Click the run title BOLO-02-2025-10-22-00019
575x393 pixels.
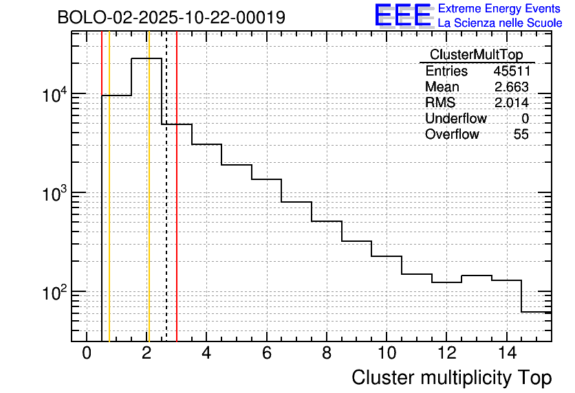coord(171,18)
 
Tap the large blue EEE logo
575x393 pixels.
coord(403,15)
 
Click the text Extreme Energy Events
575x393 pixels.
coord(500,9)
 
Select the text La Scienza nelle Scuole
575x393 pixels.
coord(500,23)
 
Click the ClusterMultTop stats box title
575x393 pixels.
coord(476,55)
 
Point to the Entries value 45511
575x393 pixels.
coord(511,71)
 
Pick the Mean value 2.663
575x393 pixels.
coord(511,87)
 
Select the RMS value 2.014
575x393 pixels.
coord(511,103)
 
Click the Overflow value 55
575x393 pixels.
coord(521,135)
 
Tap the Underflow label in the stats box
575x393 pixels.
coord(455,119)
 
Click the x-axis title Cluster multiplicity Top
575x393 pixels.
coord(451,377)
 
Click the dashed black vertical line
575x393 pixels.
coord(166,206)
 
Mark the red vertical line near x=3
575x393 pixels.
coord(177,206)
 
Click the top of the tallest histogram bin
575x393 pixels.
coord(146,58)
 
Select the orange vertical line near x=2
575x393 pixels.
coord(149,206)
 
